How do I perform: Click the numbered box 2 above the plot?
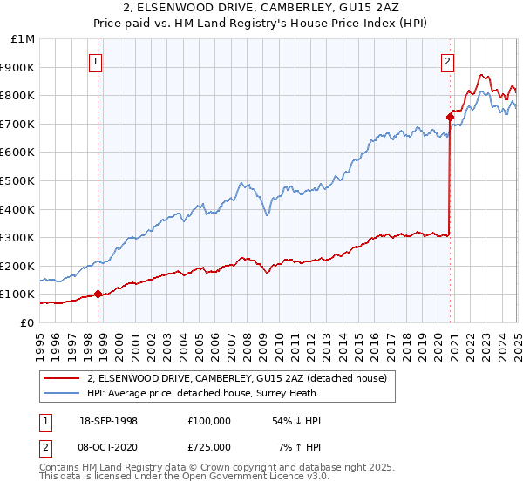coord(447,61)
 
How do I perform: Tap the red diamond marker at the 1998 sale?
coord(98,294)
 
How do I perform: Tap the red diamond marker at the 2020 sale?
coord(451,116)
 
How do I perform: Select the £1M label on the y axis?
coord(24,39)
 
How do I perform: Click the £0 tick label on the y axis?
coord(28,322)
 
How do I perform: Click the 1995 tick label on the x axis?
coord(40,341)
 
